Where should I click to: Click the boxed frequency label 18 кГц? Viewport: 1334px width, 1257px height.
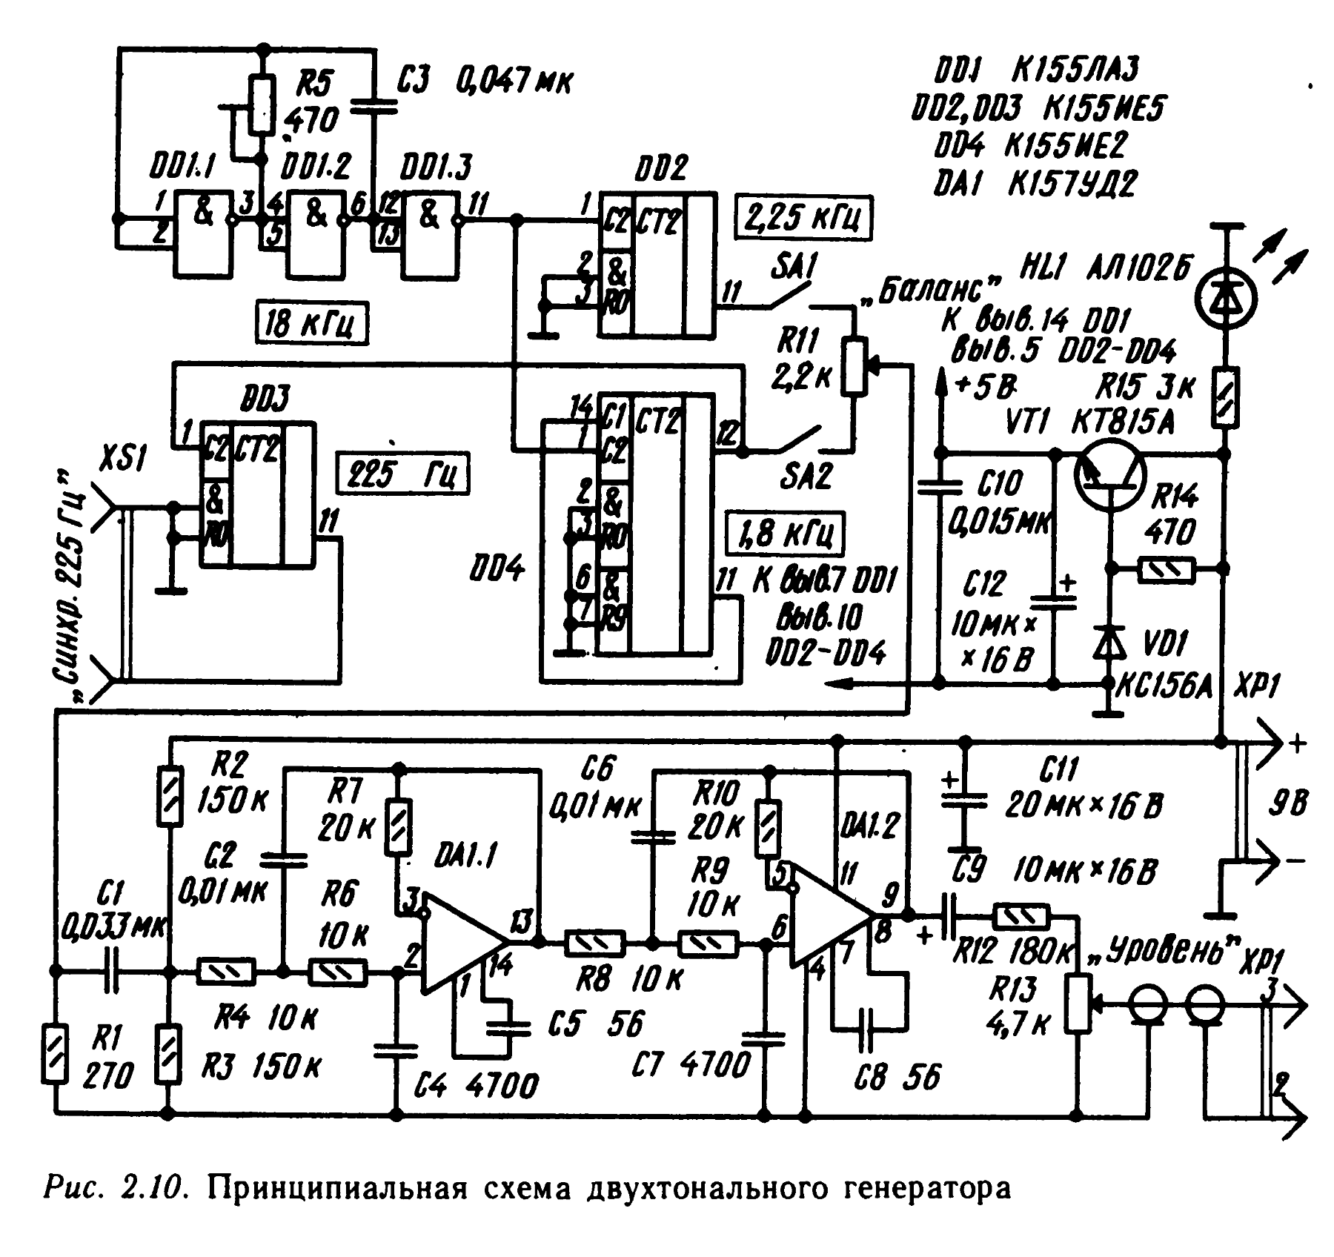click(311, 324)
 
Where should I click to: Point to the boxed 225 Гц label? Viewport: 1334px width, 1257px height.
click(402, 472)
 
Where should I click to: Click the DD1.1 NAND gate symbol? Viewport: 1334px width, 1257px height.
click(203, 232)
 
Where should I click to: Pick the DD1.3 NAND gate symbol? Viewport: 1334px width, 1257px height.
click(430, 232)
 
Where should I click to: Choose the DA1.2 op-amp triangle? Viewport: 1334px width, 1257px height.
click(828, 915)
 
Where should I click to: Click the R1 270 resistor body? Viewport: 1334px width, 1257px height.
click(54, 1053)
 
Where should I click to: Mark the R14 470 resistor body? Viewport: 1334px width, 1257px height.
click(1167, 569)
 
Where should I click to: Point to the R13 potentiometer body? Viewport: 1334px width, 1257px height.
click(1078, 1004)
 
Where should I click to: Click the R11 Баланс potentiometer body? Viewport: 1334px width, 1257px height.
click(854, 365)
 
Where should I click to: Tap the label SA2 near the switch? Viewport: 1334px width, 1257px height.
click(806, 477)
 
